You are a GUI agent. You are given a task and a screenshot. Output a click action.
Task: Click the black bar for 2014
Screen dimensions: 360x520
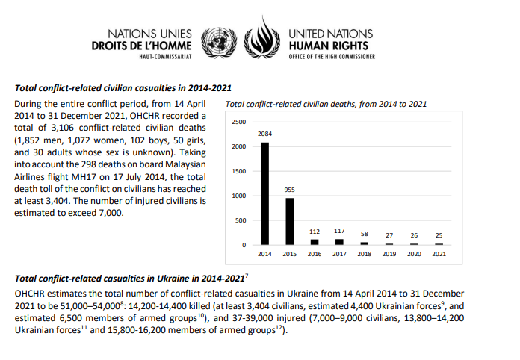264,193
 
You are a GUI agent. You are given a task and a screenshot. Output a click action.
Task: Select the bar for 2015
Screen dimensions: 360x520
289,221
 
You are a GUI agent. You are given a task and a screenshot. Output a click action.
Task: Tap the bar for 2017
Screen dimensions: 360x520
339,242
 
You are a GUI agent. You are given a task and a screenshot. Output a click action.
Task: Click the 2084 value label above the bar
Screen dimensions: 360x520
264,133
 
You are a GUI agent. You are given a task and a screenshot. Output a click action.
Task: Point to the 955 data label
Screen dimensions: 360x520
290,190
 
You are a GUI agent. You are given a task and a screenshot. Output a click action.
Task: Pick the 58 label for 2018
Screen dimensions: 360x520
364,234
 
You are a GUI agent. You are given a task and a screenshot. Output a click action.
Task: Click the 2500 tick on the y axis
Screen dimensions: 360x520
238,121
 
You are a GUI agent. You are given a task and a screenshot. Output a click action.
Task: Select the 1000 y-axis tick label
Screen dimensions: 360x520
238,196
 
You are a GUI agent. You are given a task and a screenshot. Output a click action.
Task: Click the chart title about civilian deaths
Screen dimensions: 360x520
326,104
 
